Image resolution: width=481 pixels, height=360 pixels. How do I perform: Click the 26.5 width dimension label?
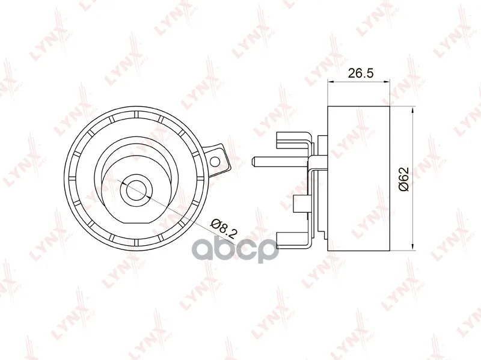(x=360, y=73)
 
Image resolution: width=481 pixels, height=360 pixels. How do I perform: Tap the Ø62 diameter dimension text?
(x=403, y=179)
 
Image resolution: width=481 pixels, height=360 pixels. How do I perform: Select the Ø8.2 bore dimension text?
(x=224, y=229)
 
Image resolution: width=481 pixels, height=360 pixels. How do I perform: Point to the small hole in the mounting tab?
(x=215, y=160)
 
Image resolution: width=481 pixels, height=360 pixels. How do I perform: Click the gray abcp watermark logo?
(x=234, y=250)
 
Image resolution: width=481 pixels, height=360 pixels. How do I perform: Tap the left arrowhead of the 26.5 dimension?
(x=331, y=81)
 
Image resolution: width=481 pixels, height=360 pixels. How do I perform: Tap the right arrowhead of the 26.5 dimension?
(x=387, y=81)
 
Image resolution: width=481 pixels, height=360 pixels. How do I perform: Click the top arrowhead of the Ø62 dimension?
(x=413, y=110)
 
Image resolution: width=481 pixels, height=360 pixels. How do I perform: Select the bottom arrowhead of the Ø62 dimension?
(x=413, y=248)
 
